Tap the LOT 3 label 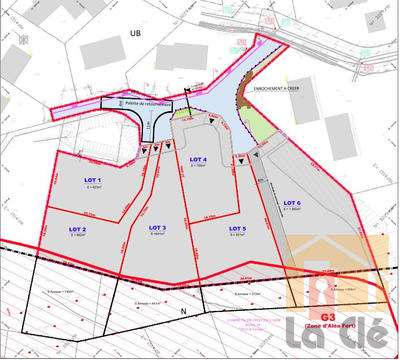click(157, 228)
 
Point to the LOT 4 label click(198, 159)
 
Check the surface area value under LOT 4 click(198, 166)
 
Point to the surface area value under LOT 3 click(157, 235)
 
